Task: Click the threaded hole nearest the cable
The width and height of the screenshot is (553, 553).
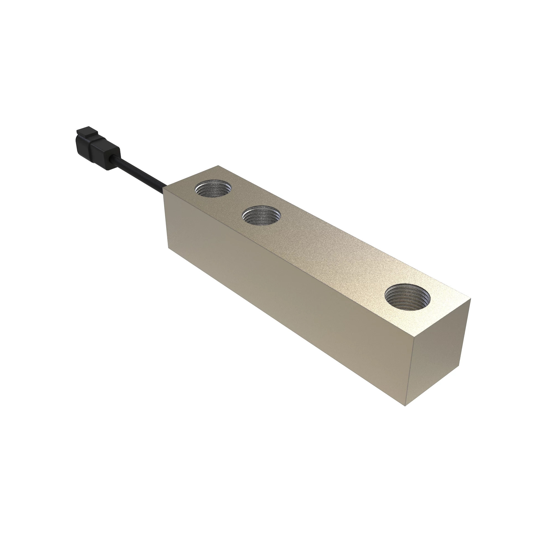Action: tap(213, 189)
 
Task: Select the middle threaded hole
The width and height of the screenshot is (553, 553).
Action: tap(261, 216)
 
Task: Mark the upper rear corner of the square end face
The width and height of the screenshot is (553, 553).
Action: tap(471, 299)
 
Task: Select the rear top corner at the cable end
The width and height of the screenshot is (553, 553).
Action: tap(218, 166)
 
